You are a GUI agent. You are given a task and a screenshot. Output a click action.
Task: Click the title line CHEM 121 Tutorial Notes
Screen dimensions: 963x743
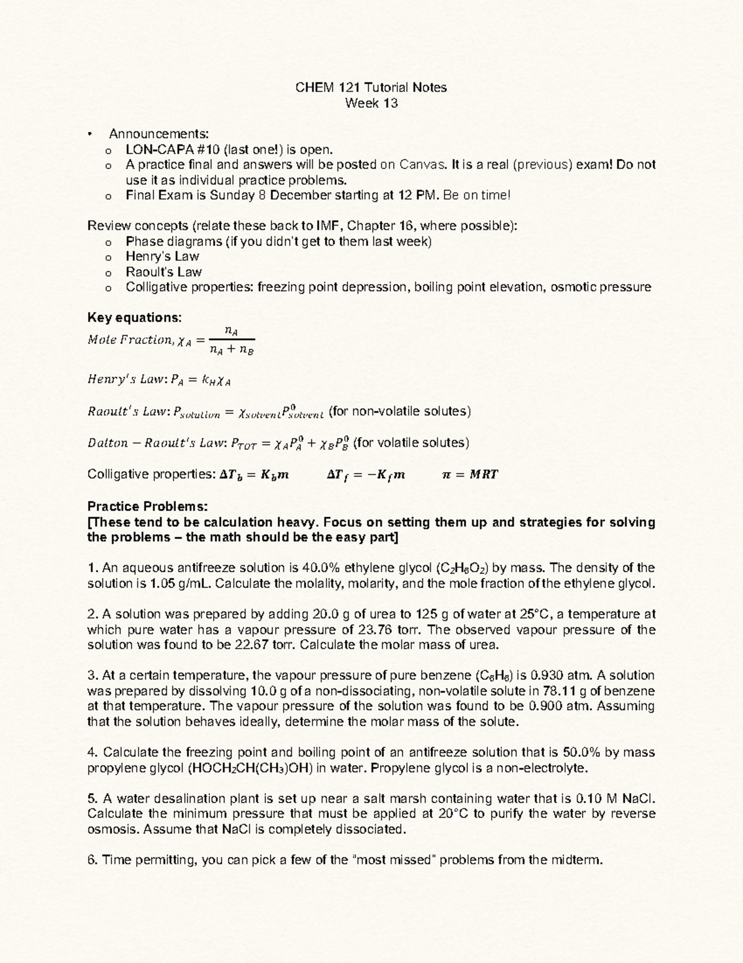click(371, 87)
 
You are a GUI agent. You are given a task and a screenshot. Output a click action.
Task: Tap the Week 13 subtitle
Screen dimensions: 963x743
click(371, 103)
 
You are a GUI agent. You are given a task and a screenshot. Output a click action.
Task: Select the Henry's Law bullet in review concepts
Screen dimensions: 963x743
click(162, 257)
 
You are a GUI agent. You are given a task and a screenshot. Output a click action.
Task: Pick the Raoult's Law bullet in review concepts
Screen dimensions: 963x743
click(163, 272)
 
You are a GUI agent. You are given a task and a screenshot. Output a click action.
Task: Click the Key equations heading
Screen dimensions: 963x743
click(134, 318)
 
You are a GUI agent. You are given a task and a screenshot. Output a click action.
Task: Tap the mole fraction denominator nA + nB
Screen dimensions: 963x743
click(232, 351)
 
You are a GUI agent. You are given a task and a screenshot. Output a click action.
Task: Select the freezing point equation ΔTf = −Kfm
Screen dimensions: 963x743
click(365, 475)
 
